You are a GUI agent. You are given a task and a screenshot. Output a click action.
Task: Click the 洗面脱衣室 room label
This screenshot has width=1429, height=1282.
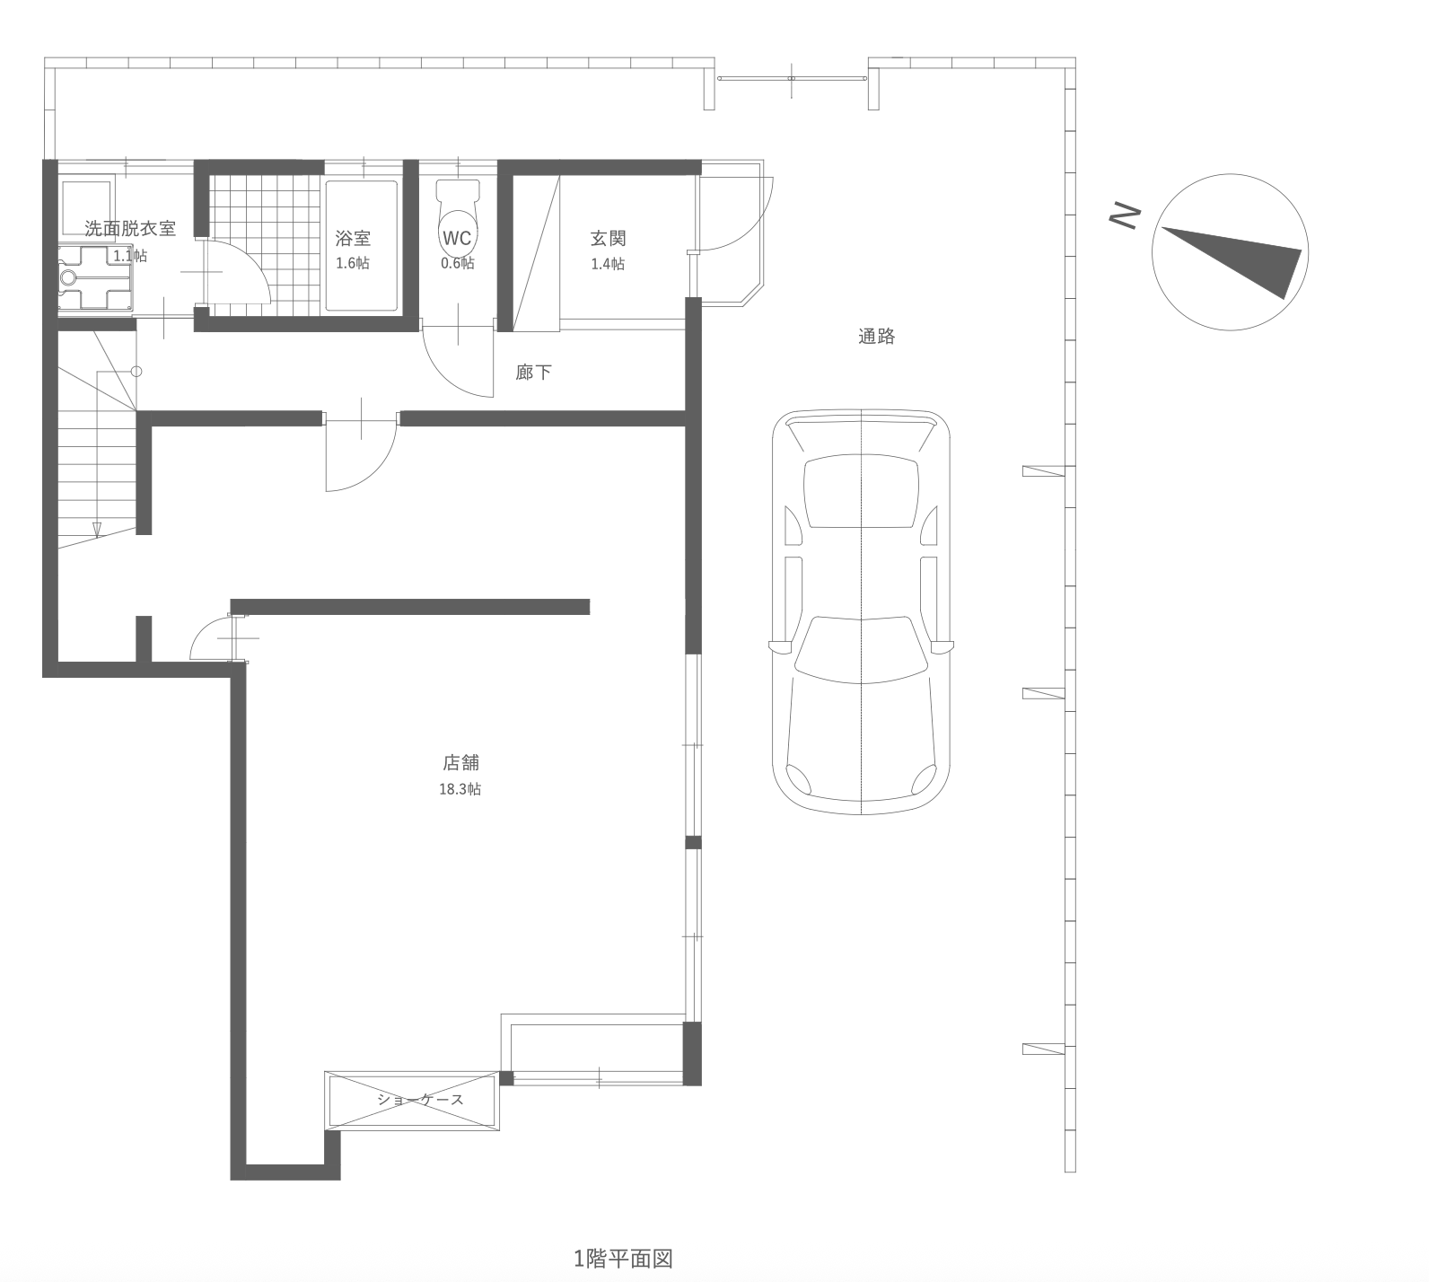[x=130, y=229]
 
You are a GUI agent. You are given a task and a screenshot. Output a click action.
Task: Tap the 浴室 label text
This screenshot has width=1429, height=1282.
[x=353, y=238]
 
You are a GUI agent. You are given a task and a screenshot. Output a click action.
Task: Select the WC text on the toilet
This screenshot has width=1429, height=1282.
[x=457, y=238]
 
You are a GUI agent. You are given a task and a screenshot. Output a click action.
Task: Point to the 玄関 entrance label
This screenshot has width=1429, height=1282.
[x=608, y=238]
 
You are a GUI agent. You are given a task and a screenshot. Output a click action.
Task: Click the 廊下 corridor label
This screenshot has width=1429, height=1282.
[x=533, y=372]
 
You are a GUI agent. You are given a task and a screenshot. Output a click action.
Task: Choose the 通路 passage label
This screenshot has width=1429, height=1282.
[x=877, y=336]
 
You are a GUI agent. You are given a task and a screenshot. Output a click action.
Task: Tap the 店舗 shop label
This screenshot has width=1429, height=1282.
[x=460, y=762]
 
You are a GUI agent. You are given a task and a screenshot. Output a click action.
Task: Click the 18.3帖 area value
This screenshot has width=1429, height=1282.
[x=460, y=789]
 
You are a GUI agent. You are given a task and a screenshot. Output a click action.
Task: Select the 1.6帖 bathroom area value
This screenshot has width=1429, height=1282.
[x=353, y=263]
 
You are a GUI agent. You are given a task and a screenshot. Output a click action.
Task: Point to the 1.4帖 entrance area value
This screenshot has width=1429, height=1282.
[x=608, y=264]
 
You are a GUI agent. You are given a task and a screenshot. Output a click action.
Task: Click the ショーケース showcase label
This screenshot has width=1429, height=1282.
[x=420, y=1099]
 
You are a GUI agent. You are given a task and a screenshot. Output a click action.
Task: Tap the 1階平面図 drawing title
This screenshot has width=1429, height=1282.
[x=623, y=1259]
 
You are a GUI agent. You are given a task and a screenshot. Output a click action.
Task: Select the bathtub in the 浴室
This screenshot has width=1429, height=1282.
[x=362, y=246]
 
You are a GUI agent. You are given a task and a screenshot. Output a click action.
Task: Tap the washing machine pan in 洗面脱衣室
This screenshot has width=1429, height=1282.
[x=95, y=278]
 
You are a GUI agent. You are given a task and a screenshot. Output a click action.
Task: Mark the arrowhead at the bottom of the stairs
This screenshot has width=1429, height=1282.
[x=97, y=530]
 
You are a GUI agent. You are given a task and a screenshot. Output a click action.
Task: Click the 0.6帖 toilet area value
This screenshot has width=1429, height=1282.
[x=457, y=263]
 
